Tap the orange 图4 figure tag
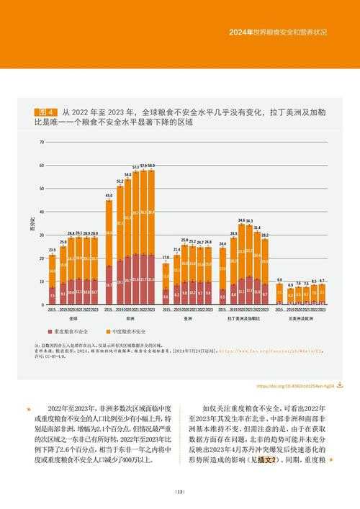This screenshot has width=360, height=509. click(48, 112)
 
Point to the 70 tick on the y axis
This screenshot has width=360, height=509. click(42, 143)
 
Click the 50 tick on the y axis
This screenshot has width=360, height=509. click(42, 189)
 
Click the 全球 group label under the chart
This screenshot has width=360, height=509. click(74, 317)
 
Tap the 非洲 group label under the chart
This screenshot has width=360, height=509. click(130, 317)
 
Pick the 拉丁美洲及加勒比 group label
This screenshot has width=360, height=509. click(243, 317)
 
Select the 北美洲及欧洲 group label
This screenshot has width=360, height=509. click(301, 317)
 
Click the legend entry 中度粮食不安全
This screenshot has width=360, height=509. click(130, 331)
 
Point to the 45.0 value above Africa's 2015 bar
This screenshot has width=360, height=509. click(109, 196)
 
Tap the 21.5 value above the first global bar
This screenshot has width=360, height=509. click(53, 250)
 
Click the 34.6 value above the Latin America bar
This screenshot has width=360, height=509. click(242, 220)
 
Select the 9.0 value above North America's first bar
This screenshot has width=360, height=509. click(279, 279)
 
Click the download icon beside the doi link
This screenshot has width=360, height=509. click(339, 385)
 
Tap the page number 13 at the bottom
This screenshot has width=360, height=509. click(180, 492)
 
